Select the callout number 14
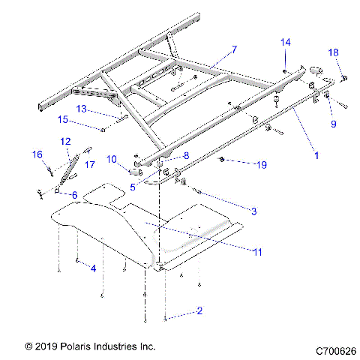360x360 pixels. coord(286,42)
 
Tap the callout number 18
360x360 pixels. coord(334,52)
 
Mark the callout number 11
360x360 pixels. coord(257,253)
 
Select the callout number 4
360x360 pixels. coord(93,267)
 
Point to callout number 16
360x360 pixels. coord(37,154)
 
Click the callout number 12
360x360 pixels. coord(64,141)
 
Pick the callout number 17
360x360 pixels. coord(88,164)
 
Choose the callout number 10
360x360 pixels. coord(111,159)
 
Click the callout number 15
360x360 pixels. coord(63,119)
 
